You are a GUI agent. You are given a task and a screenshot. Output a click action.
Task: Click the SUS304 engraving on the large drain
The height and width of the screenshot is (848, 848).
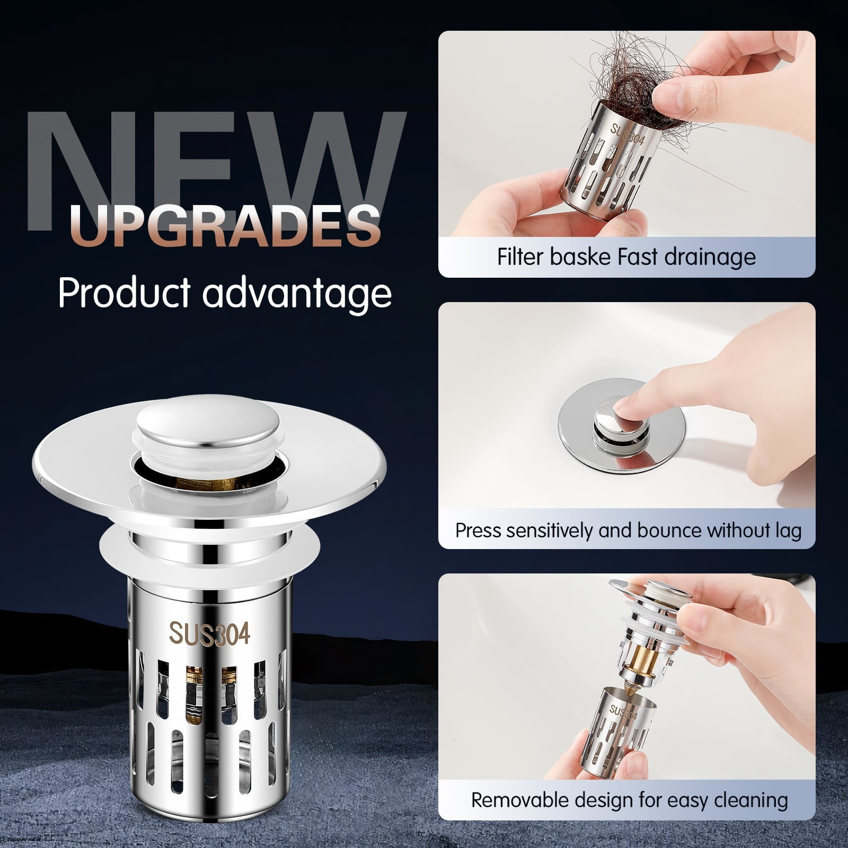pos(209,634)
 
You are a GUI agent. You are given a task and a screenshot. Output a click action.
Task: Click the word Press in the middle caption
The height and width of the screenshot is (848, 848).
pos(477,531)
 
